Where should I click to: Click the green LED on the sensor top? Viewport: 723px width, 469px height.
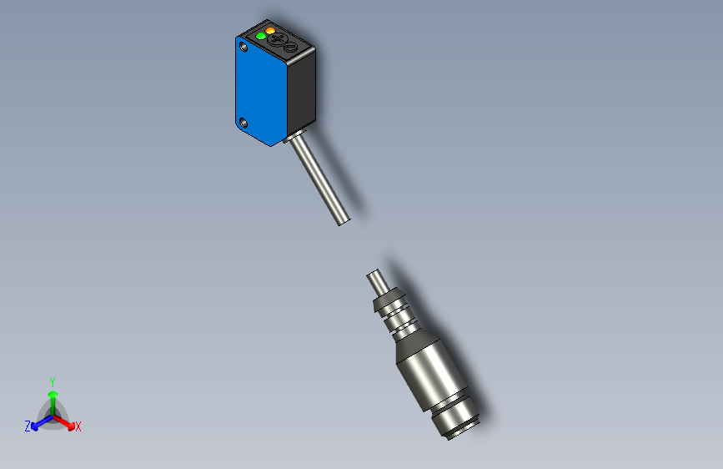coord(261,36)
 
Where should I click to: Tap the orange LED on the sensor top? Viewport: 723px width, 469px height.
coord(270,31)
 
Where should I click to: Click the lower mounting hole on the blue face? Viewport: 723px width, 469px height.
coord(244,124)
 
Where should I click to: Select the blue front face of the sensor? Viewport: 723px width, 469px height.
coord(260,88)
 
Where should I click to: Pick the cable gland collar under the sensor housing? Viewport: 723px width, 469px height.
coord(294,135)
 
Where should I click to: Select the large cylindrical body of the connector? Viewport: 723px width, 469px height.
coord(427,371)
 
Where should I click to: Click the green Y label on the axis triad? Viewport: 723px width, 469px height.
coord(52,379)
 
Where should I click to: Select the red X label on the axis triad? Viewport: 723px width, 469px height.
coord(78,427)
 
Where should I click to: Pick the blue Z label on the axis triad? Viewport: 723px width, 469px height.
coord(28,426)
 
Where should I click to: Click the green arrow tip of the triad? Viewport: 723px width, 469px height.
coord(53,392)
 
